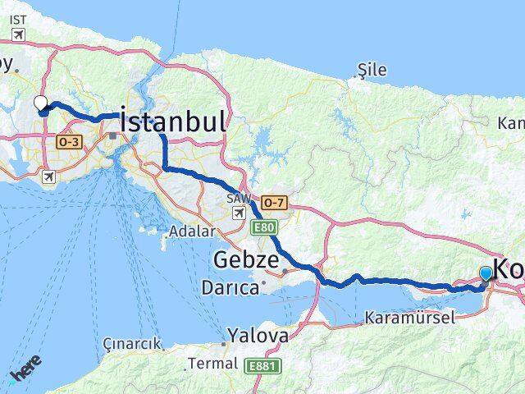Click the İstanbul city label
point(172,122)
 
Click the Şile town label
point(372,71)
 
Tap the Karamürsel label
point(409,317)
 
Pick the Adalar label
point(193,232)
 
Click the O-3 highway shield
point(67,143)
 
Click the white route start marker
point(41,103)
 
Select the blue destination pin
point(486,273)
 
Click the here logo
point(25,369)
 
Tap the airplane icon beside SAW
point(238,213)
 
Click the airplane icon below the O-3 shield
point(50,176)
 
